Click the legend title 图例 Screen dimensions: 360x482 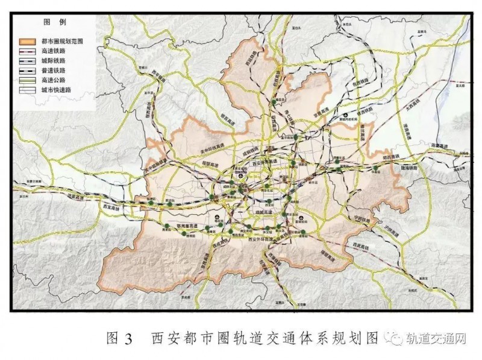(50, 22)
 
